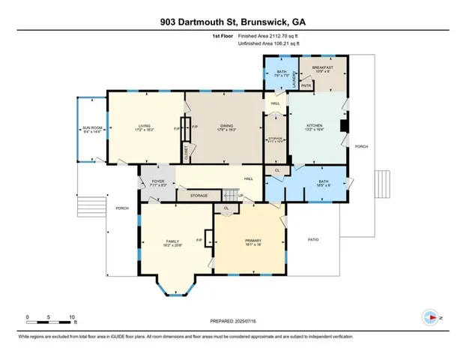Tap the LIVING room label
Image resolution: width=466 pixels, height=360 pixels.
[145, 126]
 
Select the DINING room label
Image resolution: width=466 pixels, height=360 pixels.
[223, 126]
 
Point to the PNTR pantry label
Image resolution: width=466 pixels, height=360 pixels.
[306, 85]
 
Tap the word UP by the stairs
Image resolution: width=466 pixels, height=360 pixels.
[240, 196]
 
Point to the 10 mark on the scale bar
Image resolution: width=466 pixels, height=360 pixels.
[72, 316]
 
